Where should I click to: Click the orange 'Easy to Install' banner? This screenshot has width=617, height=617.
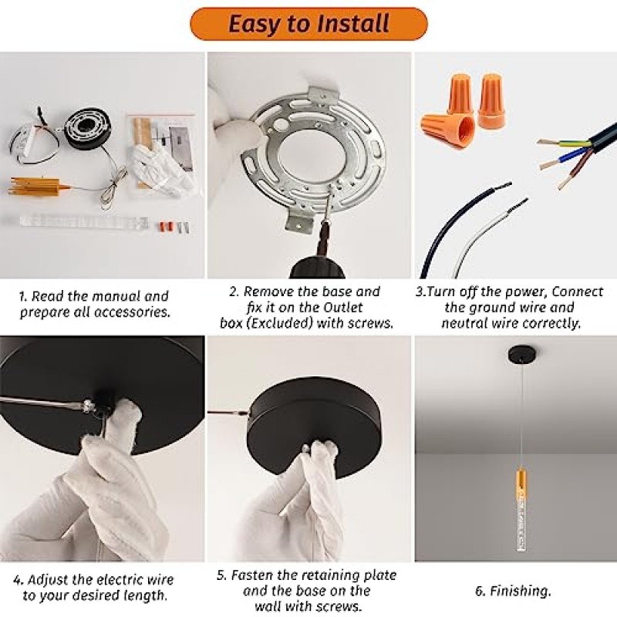(x=308, y=24)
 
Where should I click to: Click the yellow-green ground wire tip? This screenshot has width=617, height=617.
(x=546, y=142)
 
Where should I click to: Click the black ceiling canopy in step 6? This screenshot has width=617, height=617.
(x=520, y=353)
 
